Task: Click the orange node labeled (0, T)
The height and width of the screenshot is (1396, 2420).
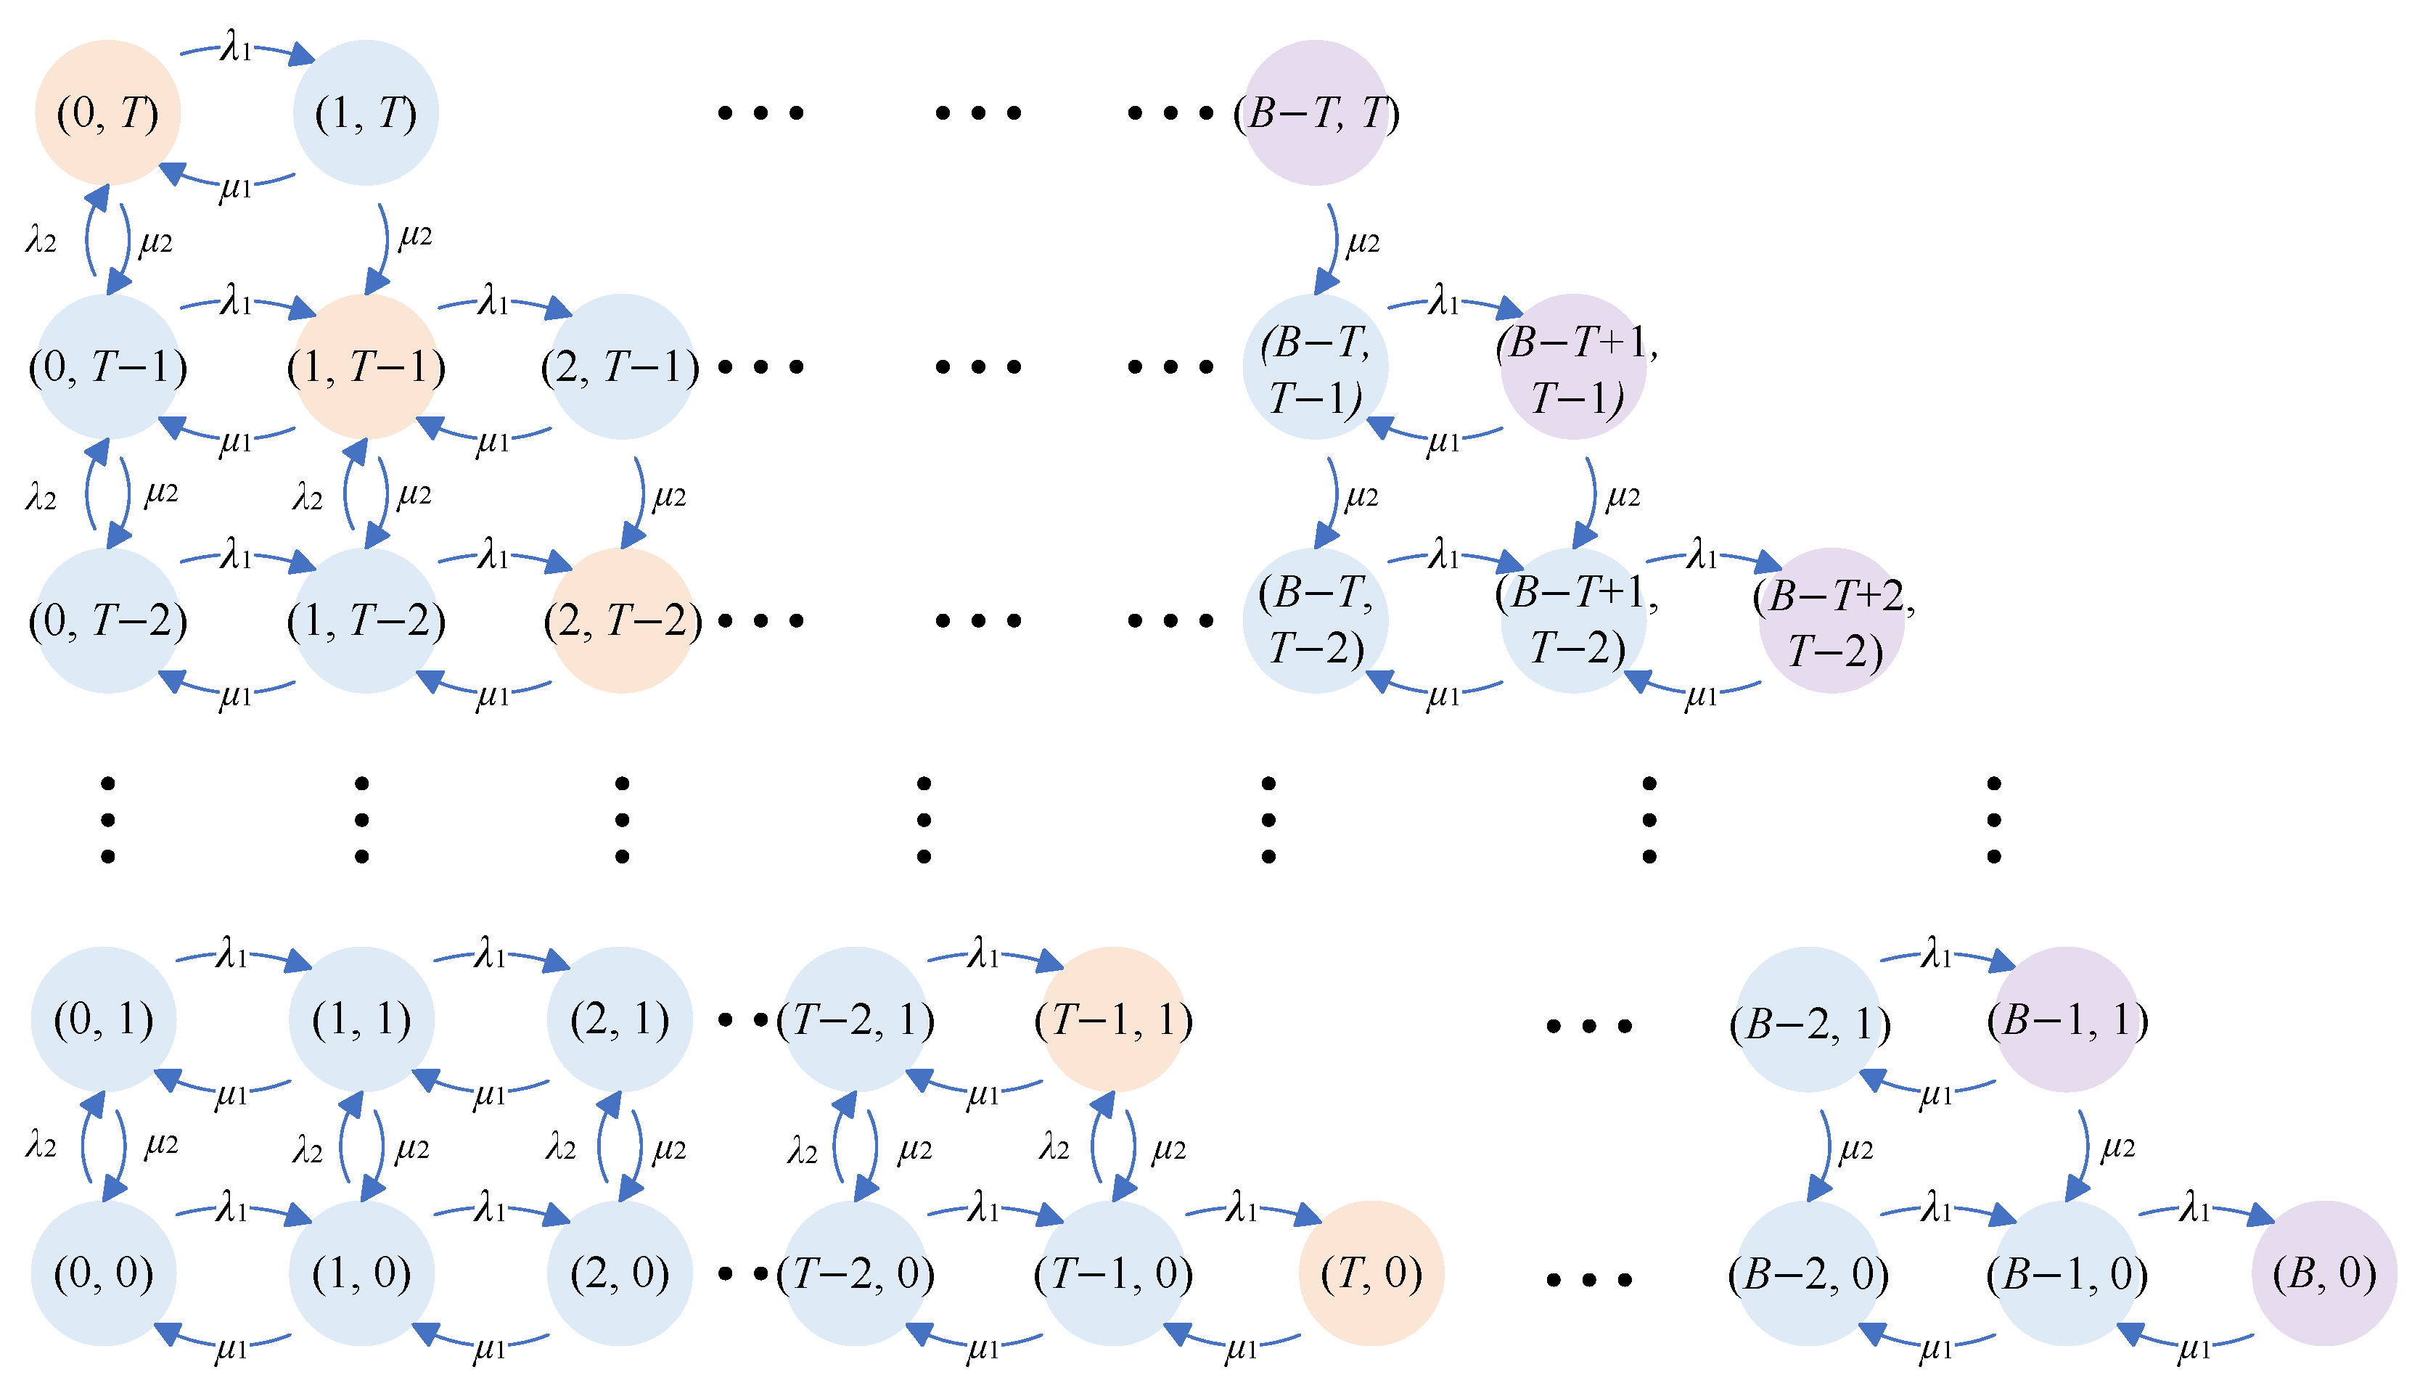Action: click(107, 112)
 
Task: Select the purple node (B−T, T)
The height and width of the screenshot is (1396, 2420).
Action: click(1315, 112)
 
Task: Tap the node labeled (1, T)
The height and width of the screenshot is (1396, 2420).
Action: click(365, 112)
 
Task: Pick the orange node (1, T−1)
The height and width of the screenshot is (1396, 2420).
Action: click(365, 366)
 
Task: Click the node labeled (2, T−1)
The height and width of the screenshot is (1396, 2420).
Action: click(621, 366)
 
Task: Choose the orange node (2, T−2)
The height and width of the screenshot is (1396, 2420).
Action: click(621, 620)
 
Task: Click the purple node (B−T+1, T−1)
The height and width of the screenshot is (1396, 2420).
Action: click(1572, 366)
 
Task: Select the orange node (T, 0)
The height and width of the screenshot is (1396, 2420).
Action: click(1371, 1273)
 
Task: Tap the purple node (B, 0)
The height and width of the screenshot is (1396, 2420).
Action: click(2324, 1273)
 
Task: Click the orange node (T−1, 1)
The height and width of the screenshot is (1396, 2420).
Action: click(1113, 1019)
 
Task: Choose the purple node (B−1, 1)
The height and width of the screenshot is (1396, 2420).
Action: click(2066, 1019)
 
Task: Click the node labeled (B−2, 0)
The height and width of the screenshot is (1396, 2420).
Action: click(1808, 1273)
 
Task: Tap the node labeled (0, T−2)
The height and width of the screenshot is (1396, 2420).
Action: click(107, 620)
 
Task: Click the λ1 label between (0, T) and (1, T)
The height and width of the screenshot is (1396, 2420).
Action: click(236, 45)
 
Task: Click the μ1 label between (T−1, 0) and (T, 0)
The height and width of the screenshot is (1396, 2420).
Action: click(1241, 1348)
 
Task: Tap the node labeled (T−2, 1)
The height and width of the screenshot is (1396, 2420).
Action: click(856, 1019)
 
